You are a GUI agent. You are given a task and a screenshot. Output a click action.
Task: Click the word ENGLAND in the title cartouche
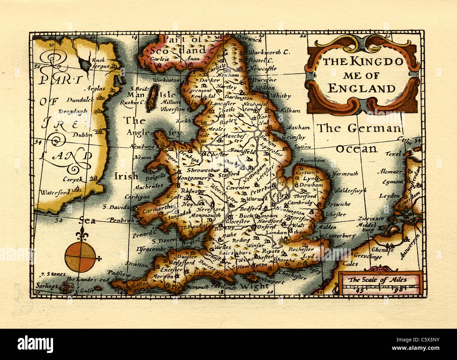point(361,88)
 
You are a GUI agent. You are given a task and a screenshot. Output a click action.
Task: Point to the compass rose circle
point(80,257)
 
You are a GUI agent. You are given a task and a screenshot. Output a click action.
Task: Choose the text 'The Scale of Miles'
point(378,280)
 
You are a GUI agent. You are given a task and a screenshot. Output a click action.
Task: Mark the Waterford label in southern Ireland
point(54,192)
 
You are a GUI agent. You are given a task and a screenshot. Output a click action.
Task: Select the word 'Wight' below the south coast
point(255,286)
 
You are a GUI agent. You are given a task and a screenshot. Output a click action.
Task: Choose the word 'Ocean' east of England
point(356,149)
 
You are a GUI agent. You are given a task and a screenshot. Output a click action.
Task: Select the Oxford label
point(266,227)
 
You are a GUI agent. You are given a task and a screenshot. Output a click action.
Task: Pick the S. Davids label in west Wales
point(116,207)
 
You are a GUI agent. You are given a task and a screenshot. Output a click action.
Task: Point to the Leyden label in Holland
point(390,196)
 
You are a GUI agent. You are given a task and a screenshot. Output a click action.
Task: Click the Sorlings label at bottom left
point(47,286)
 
